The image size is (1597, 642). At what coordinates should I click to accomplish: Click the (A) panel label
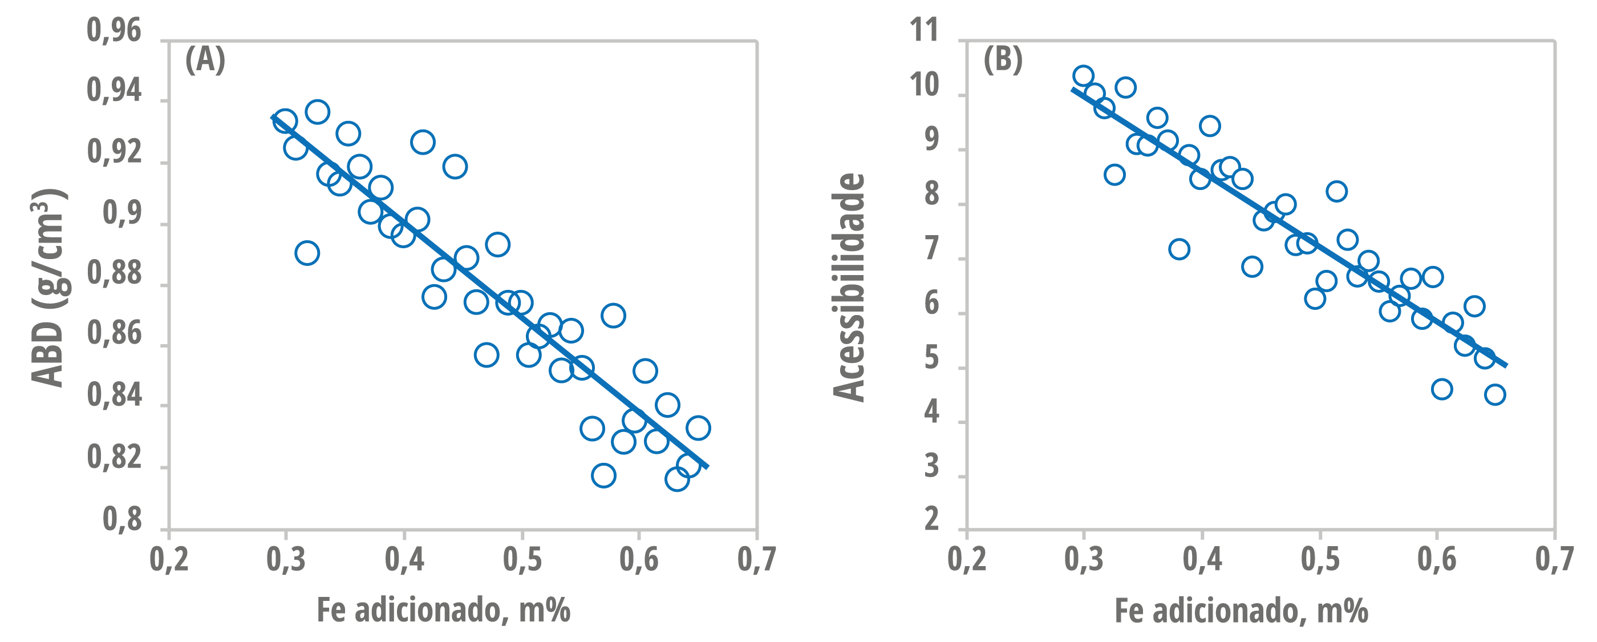click(205, 60)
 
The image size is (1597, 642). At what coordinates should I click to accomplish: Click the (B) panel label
click(1003, 60)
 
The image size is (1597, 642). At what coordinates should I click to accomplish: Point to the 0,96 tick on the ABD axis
click(114, 30)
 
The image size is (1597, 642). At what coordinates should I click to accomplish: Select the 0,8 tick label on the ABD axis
click(122, 519)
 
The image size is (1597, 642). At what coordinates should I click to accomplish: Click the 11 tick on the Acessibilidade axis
click(924, 30)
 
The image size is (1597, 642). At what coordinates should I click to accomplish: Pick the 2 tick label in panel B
click(931, 519)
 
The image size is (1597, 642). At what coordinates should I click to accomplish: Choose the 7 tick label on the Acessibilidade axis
click(931, 249)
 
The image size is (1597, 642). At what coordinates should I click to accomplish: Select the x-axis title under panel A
click(443, 611)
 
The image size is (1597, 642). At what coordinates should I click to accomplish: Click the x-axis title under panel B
click(1241, 611)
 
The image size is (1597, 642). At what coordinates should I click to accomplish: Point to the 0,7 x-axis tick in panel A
click(756, 559)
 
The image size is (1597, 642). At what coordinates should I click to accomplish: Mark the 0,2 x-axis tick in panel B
click(967, 559)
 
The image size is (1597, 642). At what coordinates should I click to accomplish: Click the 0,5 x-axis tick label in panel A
click(522, 559)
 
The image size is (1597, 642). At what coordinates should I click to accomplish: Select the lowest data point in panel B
click(1495, 394)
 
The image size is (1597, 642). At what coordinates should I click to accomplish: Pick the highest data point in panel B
click(1083, 76)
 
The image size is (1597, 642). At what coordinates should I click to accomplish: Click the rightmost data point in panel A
click(698, 427)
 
